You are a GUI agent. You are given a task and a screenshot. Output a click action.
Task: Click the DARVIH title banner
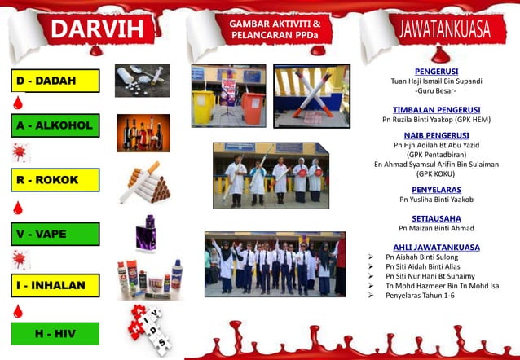point(101,29)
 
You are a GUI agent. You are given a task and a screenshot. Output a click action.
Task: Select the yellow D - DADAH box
point(56,81)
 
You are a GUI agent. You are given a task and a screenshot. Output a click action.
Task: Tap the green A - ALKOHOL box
point(56,125)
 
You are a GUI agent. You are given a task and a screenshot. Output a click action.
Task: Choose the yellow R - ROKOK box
point(56,179)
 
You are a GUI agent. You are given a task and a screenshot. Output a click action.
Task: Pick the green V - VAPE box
point(56,234)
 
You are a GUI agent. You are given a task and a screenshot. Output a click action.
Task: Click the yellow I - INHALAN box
point(56,285)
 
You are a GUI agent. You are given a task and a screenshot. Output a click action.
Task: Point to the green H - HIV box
point(56,333)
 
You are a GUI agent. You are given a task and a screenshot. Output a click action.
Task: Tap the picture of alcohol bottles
point(143,133)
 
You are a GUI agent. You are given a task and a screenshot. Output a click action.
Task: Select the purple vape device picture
point(146,234)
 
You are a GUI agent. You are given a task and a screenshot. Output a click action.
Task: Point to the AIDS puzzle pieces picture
point(147,330)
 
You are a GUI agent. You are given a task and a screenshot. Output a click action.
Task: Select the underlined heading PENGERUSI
point(436,71)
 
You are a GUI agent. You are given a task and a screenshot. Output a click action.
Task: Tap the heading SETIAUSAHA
point(436,218)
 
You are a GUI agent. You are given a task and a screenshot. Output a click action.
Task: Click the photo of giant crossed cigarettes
point(311,95)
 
